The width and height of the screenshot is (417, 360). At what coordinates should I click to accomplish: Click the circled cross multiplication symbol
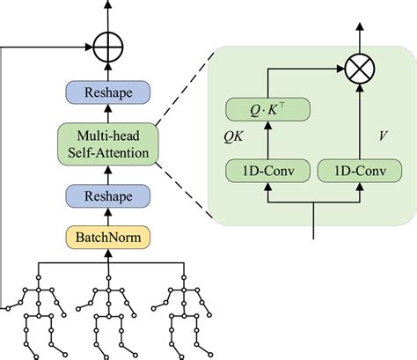(x=359, y=66)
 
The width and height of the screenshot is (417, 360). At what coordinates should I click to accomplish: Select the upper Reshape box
(x=108, y=92)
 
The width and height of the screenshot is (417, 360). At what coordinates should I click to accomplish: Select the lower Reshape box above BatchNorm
(x=108, y=195)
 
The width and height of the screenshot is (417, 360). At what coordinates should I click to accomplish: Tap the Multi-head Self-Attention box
(x=108, y=143)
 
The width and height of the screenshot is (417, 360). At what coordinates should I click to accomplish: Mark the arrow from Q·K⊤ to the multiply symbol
(x=299, y=67)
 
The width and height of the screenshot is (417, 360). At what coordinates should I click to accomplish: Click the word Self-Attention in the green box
(x=108, y=152)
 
